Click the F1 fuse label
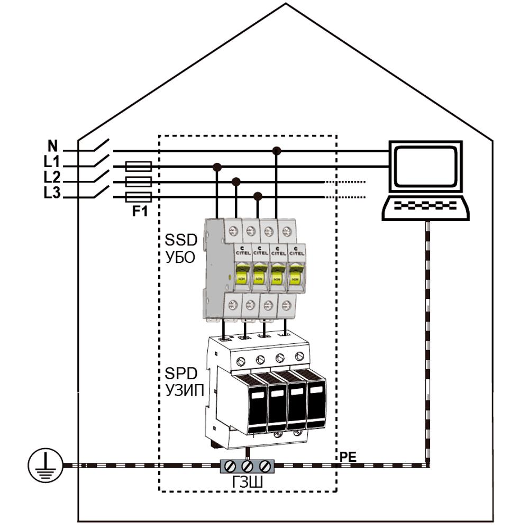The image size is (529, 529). (139, 212)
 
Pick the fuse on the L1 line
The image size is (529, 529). (139, 167)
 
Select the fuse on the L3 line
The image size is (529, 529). (139, 197)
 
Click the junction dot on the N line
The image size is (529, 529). (276, 151)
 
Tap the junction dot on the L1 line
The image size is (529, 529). (216, 167)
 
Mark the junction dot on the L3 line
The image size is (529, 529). (258, 197)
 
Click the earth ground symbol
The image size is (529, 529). (42, 466)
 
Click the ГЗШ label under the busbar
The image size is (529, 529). (246, 484)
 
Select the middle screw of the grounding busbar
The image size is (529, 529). (247, 466)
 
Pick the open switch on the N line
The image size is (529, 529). (101, 146)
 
